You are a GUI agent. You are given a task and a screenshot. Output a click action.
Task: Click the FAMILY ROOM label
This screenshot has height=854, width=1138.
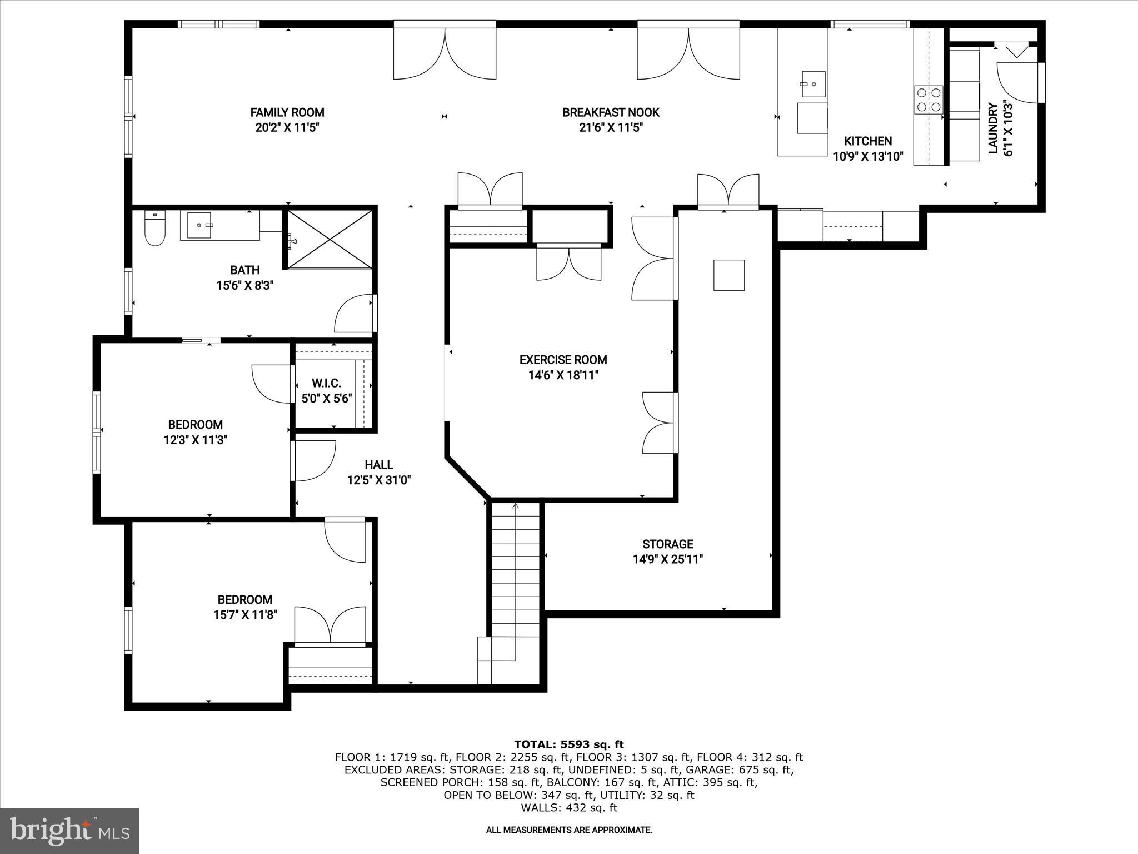287,112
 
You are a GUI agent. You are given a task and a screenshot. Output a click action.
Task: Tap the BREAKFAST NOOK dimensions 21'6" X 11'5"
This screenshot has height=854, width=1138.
611,128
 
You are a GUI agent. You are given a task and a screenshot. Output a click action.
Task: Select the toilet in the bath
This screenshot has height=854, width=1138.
155,229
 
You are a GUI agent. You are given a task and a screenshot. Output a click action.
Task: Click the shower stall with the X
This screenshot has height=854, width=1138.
330,240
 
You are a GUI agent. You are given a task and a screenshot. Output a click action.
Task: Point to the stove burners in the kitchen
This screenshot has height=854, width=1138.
929,100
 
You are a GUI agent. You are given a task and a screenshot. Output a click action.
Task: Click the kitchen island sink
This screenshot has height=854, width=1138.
813,85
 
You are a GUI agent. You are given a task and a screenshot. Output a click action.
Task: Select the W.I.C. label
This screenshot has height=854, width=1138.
326,384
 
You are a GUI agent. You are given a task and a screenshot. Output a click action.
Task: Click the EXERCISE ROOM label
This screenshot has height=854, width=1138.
563,360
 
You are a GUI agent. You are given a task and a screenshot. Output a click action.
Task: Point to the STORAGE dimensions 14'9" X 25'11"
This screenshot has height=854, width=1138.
668,559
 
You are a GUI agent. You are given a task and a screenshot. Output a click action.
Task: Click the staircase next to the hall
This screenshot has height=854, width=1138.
515,573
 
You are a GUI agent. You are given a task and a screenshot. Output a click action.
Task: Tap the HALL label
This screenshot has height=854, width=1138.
379,465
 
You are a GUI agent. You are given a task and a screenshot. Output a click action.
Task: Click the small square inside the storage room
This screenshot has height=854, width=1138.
728,275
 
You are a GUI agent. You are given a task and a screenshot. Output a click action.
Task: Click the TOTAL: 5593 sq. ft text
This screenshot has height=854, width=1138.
568,744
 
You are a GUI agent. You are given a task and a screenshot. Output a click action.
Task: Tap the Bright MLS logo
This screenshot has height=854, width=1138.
69,831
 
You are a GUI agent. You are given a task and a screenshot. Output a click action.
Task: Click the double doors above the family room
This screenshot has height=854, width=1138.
445,53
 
